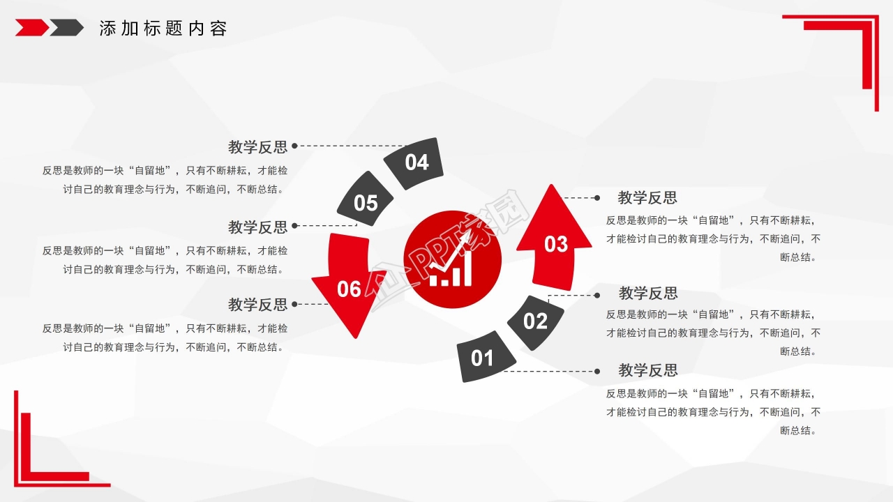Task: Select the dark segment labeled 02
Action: click(x=535, y=322)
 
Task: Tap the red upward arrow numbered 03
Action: click(x=554, y=238)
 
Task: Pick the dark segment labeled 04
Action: click(x=414, y=163)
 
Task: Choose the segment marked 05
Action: click(x=365, y=199)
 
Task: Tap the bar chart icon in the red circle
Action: click(x=452, y=260)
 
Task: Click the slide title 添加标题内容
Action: click(x=163, y=29)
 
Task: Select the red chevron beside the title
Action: click(x=32, y=27)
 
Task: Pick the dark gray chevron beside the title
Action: click(x=67, y=27)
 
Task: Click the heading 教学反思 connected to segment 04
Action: click(x=257, y=147)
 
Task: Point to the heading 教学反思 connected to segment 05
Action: click(x=257, y=227)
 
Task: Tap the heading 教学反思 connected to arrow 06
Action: click(x=257, y=305)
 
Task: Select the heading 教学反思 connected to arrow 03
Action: click(x=647, y=197)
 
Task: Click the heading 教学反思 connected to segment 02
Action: click(x=648, y=294)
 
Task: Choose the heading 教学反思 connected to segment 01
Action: click(x=648, y=370)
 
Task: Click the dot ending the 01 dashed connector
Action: click(x=596, y=372)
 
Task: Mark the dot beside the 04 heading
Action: click(x=294, y=146)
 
